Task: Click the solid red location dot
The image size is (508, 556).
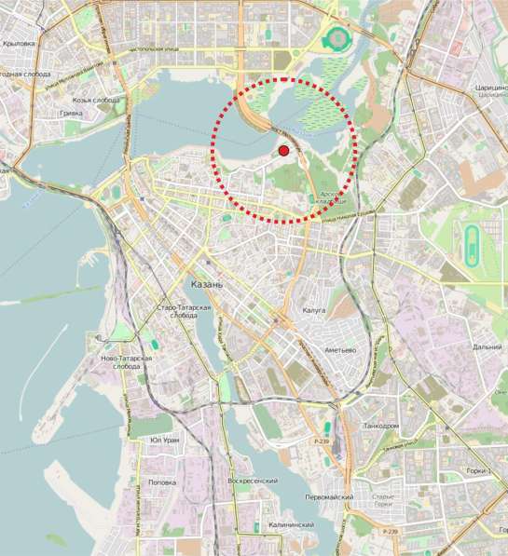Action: click(x=283, y=150)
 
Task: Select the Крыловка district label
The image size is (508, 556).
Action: click(x=19, y=42)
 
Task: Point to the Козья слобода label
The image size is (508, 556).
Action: click(x=97, y=100)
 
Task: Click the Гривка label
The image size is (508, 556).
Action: click(x=71, y=113)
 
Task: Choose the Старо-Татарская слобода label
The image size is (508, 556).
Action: click(x=184, y=311)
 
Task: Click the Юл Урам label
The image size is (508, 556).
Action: click(x=164, y=440)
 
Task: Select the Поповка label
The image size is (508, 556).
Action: click(x=162, y=482)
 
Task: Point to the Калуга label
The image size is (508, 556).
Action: click(x=314, y=310)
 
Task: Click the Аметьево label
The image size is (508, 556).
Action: click(x=340, y=349)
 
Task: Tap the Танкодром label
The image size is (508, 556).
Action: click(x=380, y=426)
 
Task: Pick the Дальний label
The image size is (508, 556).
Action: click(x=487, y=346)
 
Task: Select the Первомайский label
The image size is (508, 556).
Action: click(x=329, y=497)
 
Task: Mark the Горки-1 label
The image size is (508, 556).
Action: click(x=478, y=471)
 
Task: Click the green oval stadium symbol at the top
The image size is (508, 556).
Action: click(x=336, y=39)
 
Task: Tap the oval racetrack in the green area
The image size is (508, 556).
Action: click(x=469, y=241)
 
